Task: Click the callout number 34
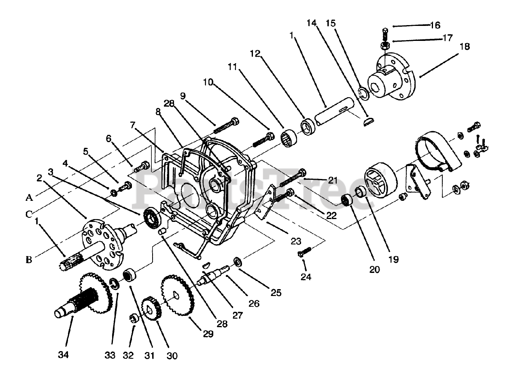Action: point(63,355)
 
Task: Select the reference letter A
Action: point(29,198)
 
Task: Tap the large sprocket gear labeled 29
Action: point(177,296)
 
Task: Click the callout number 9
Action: point(183,96)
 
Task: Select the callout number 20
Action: point(374,269)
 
